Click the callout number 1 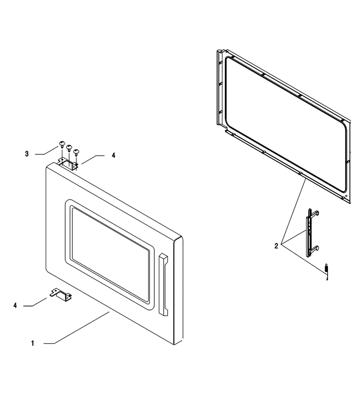pyautogui.click(x=33, y=343)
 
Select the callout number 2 pyautogui.click(x=276, y=246)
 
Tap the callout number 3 pyautogui.click(x=27, y=154)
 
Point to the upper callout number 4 pyautogui.click(x=113, y=156)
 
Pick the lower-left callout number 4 pyautogui.click(x=15, y=305)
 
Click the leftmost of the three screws pyautogui.click(x=62, y=144)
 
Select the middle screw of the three pyautogui.click(x=69, y=148)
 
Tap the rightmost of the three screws pyautogui.click(x=76, y=152)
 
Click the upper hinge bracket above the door pyautogui.click(x=68, y=164)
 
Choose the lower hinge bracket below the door pyautogui.click(x=61, y=295)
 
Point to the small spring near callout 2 pyautogui.click(x=327, y=271)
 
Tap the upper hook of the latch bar pyautogui.click(x=315, y=213)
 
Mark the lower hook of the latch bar pyautogui.click(x=315, y=249)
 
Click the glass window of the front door pyautogui.click(x=110, y=254)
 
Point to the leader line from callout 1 pyautogui.click(x=76, y=328)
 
